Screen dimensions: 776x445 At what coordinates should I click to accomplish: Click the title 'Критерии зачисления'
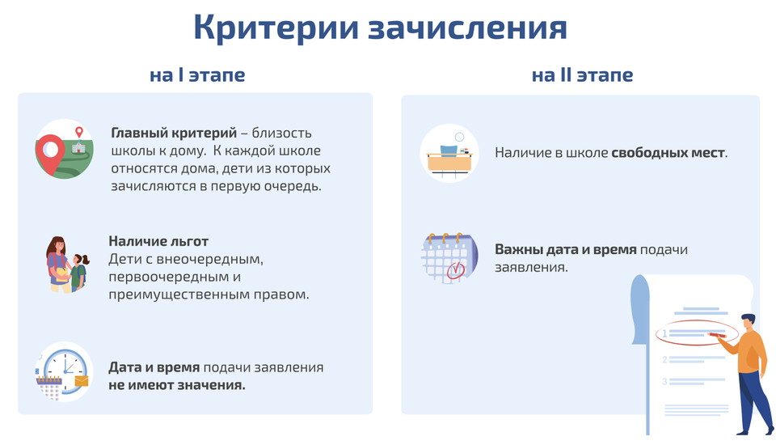pos(380,28)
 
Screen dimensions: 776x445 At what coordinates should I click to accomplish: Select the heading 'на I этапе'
pos(197,74)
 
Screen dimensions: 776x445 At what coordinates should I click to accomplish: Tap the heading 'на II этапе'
pos(583,74)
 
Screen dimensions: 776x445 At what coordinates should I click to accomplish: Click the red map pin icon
pos(50,153)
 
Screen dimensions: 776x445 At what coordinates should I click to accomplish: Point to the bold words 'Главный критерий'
pos(174,133)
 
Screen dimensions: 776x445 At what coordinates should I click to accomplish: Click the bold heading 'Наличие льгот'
pos(158,241)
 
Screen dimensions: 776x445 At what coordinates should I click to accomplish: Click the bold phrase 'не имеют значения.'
pos(177,385)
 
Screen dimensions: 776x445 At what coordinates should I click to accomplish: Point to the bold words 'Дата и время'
pos(154,367)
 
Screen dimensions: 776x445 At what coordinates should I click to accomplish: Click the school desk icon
pos(449,154)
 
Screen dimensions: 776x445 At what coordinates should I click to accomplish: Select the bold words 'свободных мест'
pos(668,153)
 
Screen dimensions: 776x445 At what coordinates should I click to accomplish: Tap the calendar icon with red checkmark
pos(449,257)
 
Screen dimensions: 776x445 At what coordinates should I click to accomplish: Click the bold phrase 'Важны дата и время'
pos(566,249)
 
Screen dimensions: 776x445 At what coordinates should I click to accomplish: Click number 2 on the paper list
pos(664,359)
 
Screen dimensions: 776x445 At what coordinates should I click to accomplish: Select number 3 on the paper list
pos(664,381)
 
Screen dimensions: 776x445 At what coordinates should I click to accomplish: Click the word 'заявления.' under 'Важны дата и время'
pos(532,267)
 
